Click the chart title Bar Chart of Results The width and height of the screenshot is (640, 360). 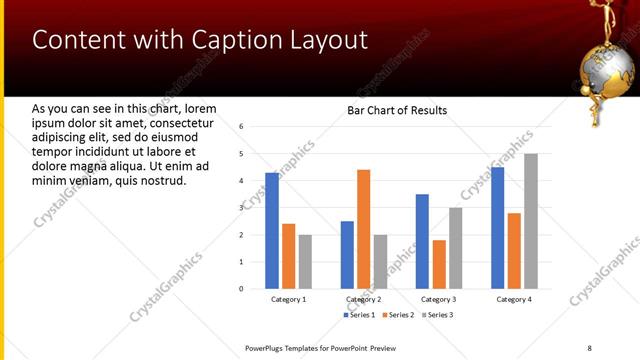click(397, 110)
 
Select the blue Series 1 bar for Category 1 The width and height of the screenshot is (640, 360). click(272, 230)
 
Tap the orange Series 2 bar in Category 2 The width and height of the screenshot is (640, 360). click(363, 229)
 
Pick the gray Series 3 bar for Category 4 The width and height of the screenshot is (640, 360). click(530, 221)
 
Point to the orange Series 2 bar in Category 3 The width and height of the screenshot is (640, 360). click(439, 264)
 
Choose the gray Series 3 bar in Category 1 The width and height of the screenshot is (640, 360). click(305, 261)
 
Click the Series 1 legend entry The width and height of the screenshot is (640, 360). click(359, 315)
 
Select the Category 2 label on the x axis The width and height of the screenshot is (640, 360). click(363, 299)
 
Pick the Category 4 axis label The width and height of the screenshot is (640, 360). click(514, 299)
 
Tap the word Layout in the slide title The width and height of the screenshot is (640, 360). click(330, 40)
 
